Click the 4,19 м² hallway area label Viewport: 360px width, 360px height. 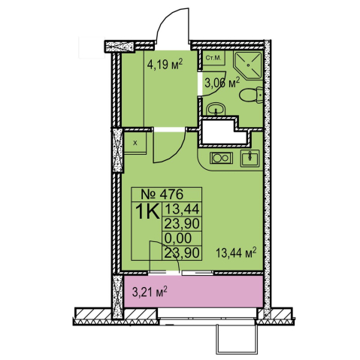[165, 65]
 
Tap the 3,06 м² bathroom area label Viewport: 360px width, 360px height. [222, 83]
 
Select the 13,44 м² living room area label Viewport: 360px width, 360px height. [236, 253]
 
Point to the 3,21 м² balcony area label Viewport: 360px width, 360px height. [150, 292]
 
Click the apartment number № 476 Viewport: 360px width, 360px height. [162, 194]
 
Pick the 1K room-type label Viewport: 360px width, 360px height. [147, 212]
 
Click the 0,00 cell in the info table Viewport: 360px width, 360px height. [177, 238]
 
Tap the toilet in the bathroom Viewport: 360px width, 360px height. [250, 95]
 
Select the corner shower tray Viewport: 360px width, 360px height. [248, 65]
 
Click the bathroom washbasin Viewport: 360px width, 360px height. [216, 109]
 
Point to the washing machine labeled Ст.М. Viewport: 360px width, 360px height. [213, 58]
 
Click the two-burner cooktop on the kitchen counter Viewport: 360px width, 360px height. [221, 158]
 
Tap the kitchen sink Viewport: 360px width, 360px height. [250, 158]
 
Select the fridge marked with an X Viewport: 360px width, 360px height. [135, 143]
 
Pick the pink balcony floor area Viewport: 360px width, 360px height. [193, 292]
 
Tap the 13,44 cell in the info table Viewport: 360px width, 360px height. [181, 209]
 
